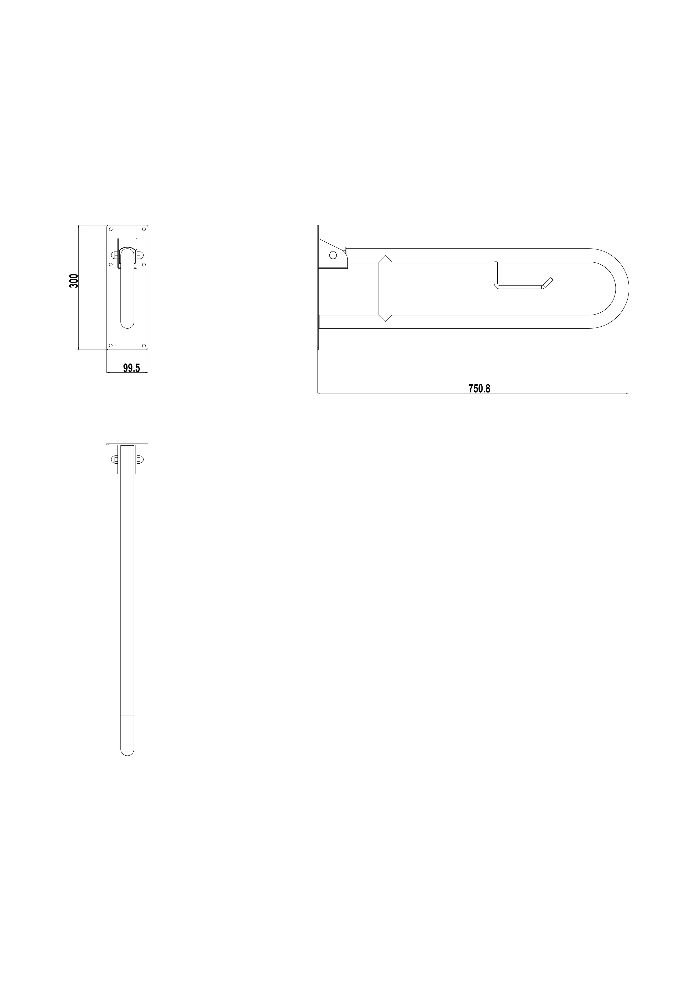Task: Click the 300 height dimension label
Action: click(x=74, y=281)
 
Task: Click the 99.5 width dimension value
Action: click(x=132, y=368)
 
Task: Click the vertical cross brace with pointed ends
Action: click(x=385, y=288)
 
